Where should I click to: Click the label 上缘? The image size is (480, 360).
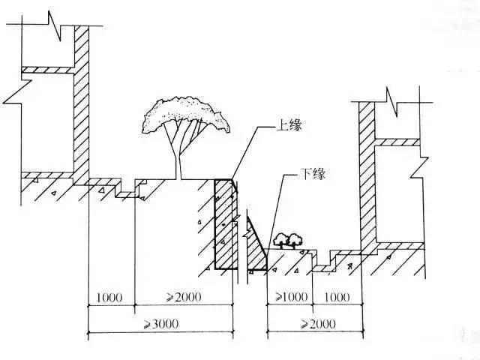tap(289, 125)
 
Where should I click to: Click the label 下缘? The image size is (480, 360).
tap(313, 174)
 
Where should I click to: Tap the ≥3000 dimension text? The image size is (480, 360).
tap(161, 323)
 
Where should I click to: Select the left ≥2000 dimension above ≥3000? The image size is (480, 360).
tap(184, 297)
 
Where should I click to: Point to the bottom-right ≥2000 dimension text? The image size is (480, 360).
tap(318, 323)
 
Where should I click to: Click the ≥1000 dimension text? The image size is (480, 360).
tap(291, 297)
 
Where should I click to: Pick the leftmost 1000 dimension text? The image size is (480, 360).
tap(109, 298)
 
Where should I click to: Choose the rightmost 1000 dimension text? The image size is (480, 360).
tap(337, 297)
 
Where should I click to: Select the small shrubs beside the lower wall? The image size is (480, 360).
tap(288, 241)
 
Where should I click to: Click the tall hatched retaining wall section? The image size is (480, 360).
tap(226, 224)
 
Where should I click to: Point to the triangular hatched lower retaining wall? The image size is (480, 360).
tap(256, 245)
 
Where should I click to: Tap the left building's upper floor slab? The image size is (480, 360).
tap(48, 70)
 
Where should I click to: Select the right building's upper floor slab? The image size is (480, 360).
tap(397, 142)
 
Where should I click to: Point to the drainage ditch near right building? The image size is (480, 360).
tap(325, 261)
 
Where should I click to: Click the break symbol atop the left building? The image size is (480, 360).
tap(55, 26)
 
